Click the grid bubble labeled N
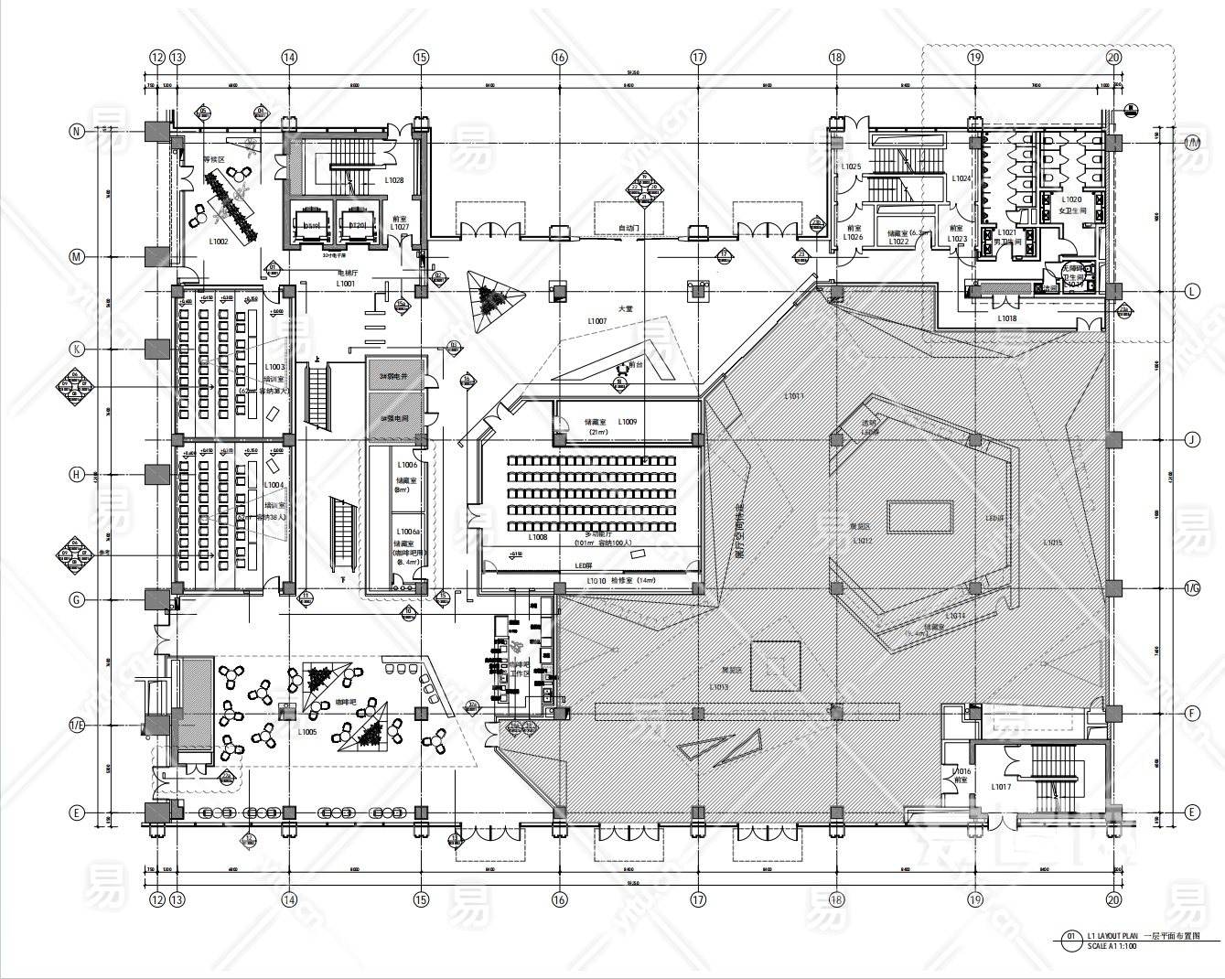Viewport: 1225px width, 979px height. (x=78, y=131)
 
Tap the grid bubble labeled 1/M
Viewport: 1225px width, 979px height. (x=1192, y=142)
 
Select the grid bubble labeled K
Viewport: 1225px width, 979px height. (x=78, y=349)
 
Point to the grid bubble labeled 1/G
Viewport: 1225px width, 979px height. (x=1192, y=587)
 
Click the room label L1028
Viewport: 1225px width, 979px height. (x=394, y=180)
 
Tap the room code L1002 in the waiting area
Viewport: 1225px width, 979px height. (x=218, y=242)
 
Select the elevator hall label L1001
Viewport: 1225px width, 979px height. (x=345, y=285)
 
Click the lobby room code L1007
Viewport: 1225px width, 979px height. (x=597, y=321)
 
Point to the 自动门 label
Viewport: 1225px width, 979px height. (x=629, y=228)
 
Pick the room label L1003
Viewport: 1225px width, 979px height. (x=274, y=367)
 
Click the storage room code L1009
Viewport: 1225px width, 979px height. (x=627, y=422)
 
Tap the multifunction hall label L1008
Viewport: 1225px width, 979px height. (x=538, y=538)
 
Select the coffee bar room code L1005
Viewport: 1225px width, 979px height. (x=307, y=732)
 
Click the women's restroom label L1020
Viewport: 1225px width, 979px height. (x=1071, y=199)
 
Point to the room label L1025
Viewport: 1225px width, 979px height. (x=851, y=167)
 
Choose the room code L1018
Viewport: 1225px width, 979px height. (x=1006, y=318)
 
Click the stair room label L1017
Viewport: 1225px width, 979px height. (x=1001, y=787)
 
